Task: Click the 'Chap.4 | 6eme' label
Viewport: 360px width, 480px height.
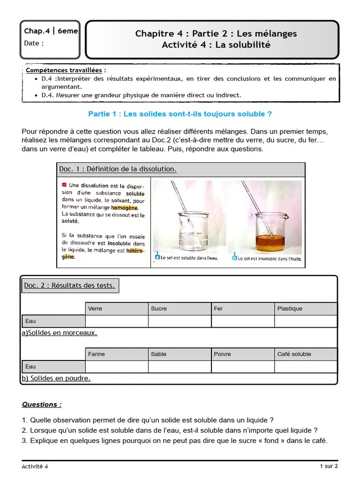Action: [51, 31]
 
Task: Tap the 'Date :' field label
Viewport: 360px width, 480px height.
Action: [34, 43]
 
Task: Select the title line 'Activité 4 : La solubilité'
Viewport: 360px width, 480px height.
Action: [216, 45]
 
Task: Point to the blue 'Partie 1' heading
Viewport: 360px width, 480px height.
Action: [180, 114]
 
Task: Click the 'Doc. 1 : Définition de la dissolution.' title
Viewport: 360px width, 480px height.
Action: [118, 169]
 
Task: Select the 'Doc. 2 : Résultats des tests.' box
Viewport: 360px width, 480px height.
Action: [70, 285]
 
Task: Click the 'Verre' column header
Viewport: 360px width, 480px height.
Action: [117, 308]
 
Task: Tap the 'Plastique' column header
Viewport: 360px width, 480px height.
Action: [306, 308]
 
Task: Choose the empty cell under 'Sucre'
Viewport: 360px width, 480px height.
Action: [180, 321]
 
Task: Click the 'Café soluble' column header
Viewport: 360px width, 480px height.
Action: [306, 354]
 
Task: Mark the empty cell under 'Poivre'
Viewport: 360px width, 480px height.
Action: [242, 367]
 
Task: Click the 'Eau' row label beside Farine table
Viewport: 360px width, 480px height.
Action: [53, 367]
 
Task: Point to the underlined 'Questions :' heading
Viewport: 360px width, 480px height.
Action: [42, 405]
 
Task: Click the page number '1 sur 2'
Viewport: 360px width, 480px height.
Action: [329, 466]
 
